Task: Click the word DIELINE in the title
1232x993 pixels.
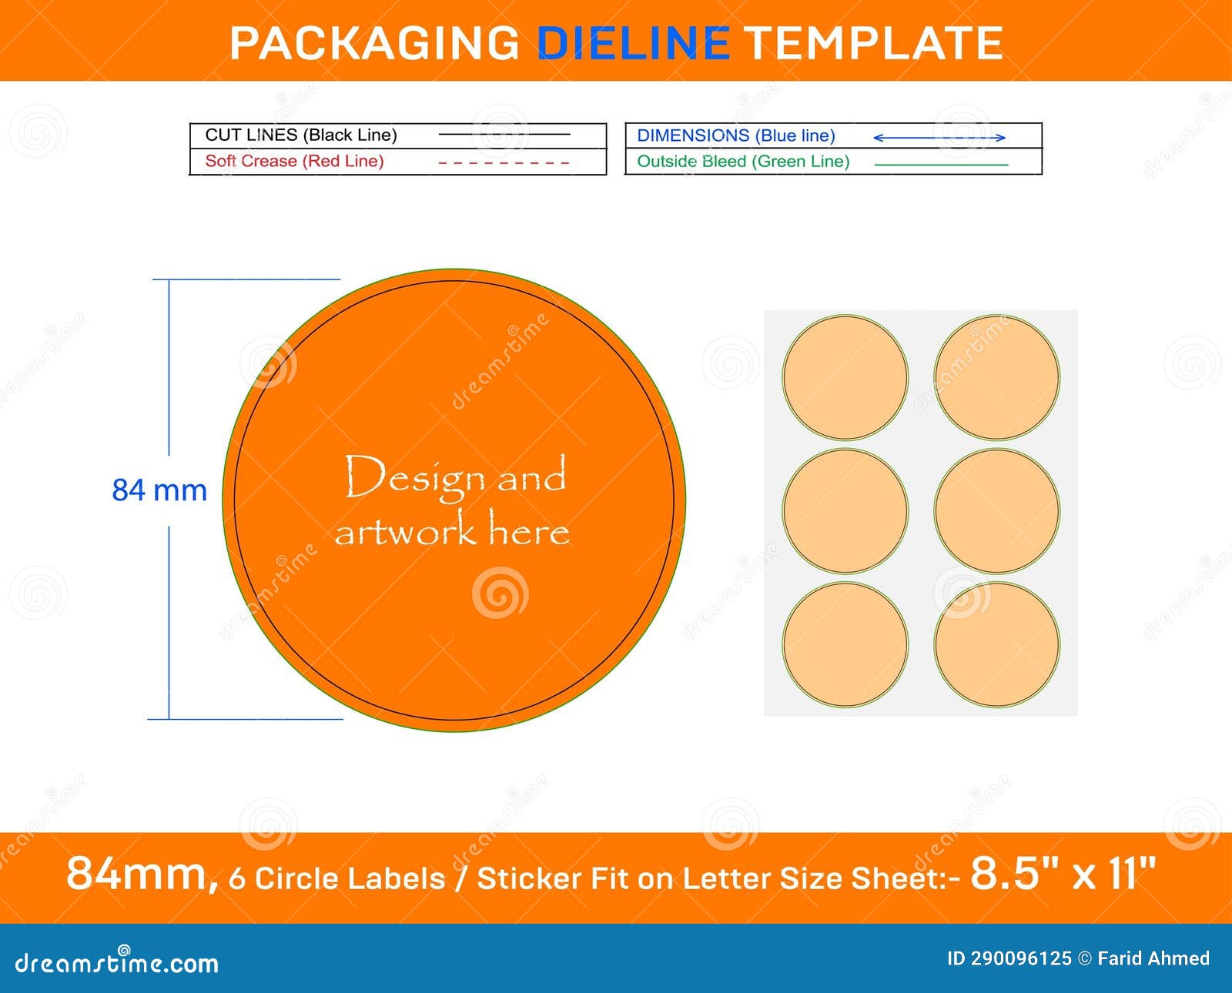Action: coord(633,43)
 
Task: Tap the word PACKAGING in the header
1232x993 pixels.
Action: coord(375,43)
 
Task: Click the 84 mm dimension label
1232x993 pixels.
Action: coord(159,490)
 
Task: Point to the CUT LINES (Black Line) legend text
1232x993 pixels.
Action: coord(301,135)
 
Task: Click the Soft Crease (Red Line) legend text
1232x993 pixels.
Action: coord(294,162)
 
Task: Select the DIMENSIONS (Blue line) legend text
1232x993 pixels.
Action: coord(736,136)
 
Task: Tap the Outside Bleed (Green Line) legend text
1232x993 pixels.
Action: coord(743,162)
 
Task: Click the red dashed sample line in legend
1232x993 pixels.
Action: coord(504,163)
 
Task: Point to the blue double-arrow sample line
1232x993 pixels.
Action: coord(939,138)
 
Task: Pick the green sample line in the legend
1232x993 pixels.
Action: coord(941,165)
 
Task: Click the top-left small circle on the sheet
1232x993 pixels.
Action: coord(845,378)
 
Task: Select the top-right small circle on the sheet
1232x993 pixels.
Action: coord(996,378)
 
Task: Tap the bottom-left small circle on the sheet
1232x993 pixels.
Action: coord(845,644)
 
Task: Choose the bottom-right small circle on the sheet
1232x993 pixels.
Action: coord(996,644)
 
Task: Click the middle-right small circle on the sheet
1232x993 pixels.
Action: coord(996,511)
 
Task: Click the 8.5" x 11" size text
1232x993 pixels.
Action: coord(1063,874)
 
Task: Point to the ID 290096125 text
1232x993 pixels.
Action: coord(1009,958)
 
